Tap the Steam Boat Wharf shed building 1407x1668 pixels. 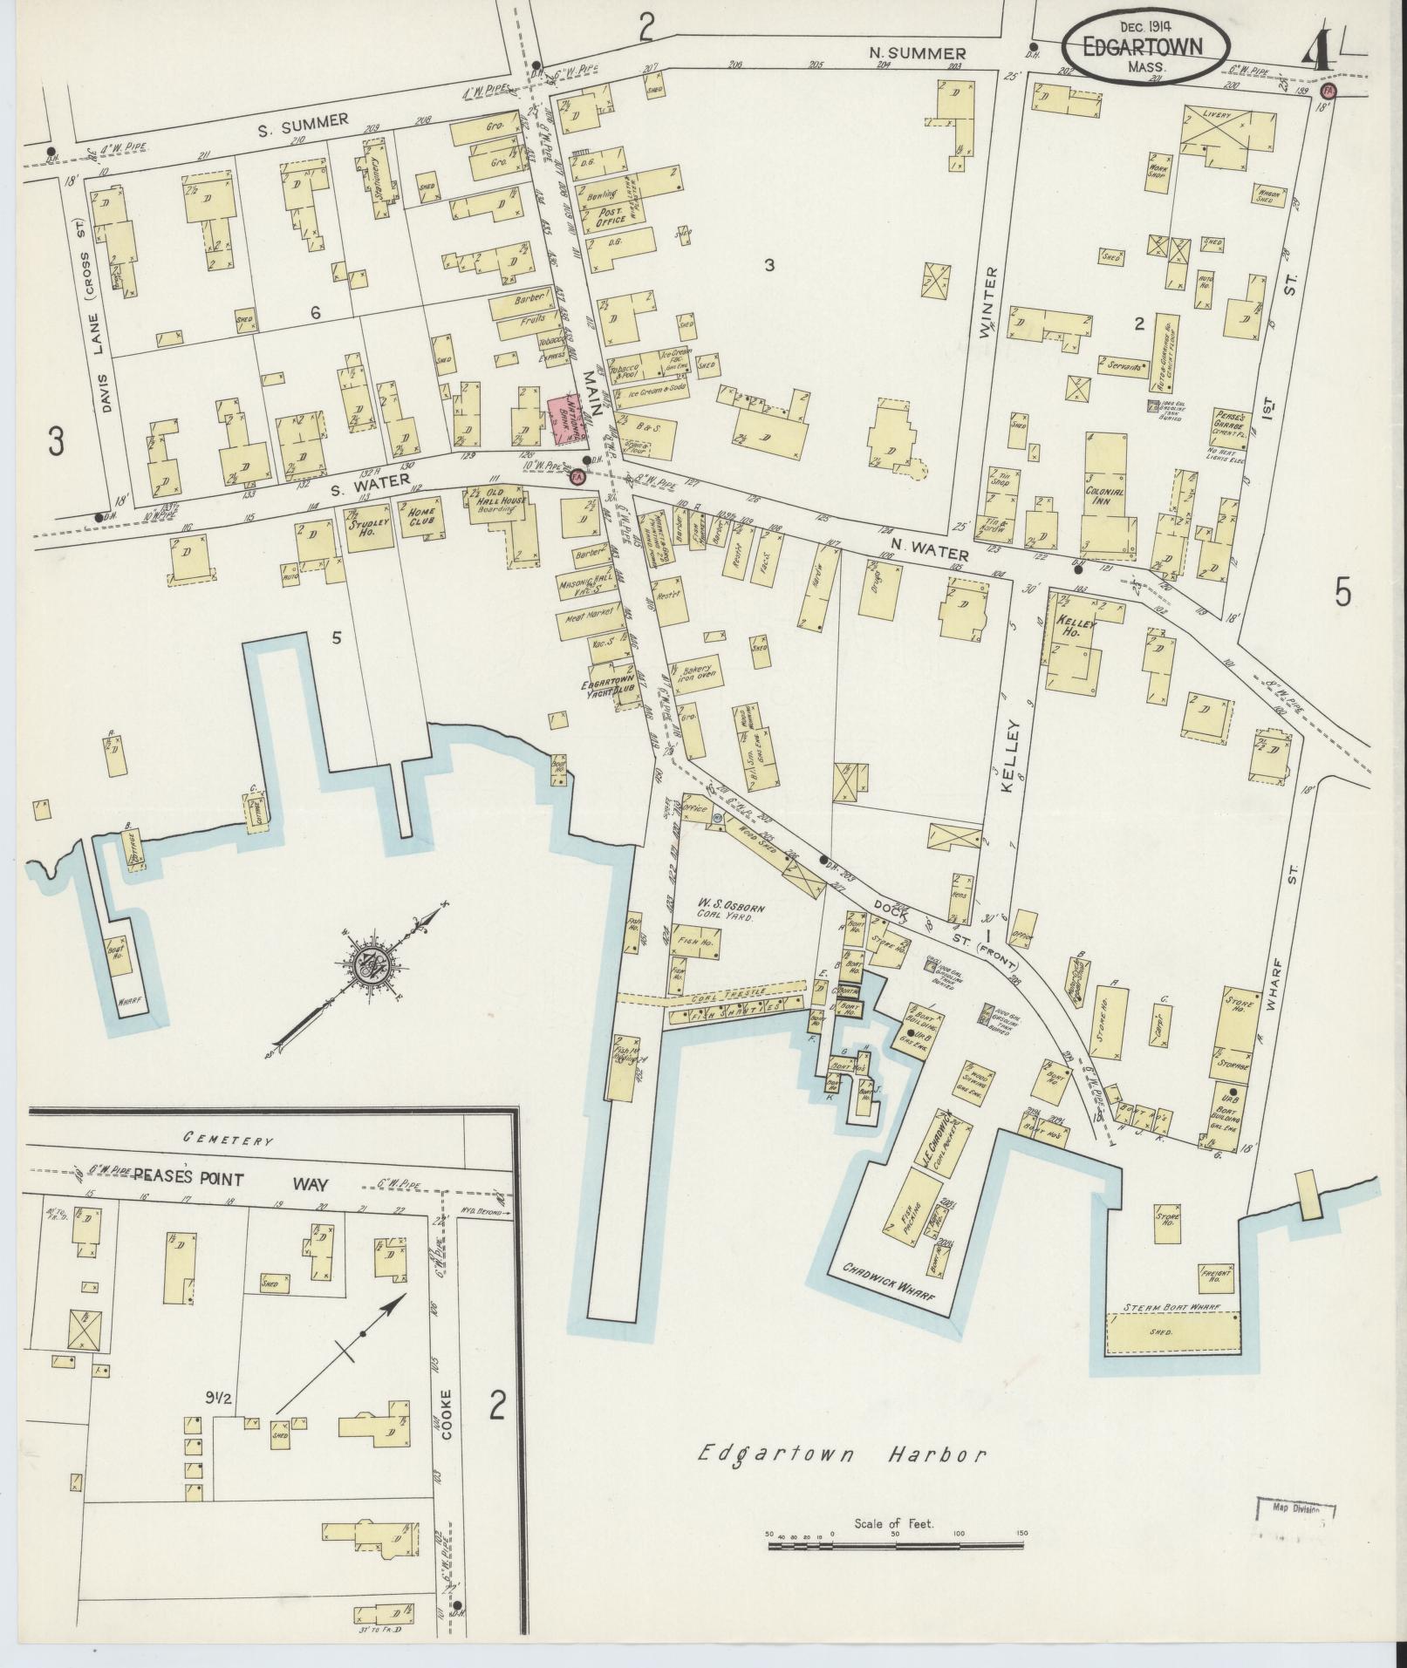click(x=1173, y=1332)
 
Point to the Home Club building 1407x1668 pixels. click(x=421, y=524)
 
